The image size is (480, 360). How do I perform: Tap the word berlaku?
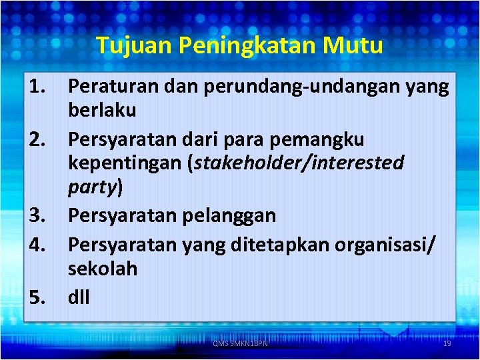point(102,111)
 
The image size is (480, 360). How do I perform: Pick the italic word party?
point(93,189)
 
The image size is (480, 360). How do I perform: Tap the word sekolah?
point(103,269)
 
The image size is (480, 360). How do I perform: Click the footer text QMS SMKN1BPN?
point(240,343)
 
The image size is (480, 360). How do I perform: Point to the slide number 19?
point(447,343)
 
